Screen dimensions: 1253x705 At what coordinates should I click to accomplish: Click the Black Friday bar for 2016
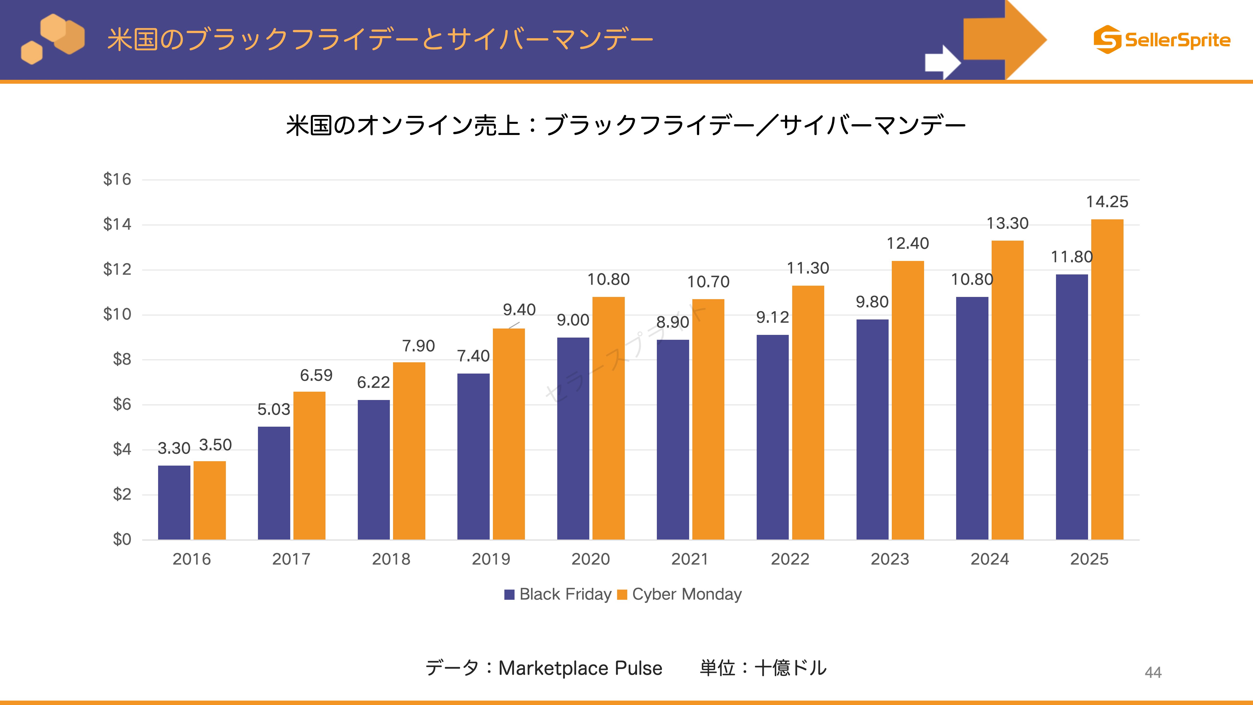pos(174,503)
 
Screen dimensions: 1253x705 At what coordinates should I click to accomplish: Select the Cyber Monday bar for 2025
pos(1107,379)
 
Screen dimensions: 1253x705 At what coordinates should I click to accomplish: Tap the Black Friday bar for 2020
pos(573,438)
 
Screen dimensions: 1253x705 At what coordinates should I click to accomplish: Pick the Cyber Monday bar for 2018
pos(409,451)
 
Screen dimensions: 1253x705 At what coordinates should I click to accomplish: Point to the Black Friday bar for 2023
pos(872,430)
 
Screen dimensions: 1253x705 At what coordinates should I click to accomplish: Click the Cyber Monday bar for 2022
pos(808,412)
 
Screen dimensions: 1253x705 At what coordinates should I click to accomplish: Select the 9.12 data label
pos(772,317)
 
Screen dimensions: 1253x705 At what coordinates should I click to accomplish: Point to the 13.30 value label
pos(1007,223)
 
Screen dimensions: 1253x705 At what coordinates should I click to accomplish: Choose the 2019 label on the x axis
pos(491,559)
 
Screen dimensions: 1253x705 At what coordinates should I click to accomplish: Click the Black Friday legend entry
pos(558,594)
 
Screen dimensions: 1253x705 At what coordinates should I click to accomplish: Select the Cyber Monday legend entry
pos(680,594)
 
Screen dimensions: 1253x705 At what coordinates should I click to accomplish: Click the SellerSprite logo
pos(1162,39)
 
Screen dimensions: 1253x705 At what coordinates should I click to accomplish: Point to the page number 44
pos(1153,672)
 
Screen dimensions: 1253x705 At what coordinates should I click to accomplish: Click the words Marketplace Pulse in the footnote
pos(580,668)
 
